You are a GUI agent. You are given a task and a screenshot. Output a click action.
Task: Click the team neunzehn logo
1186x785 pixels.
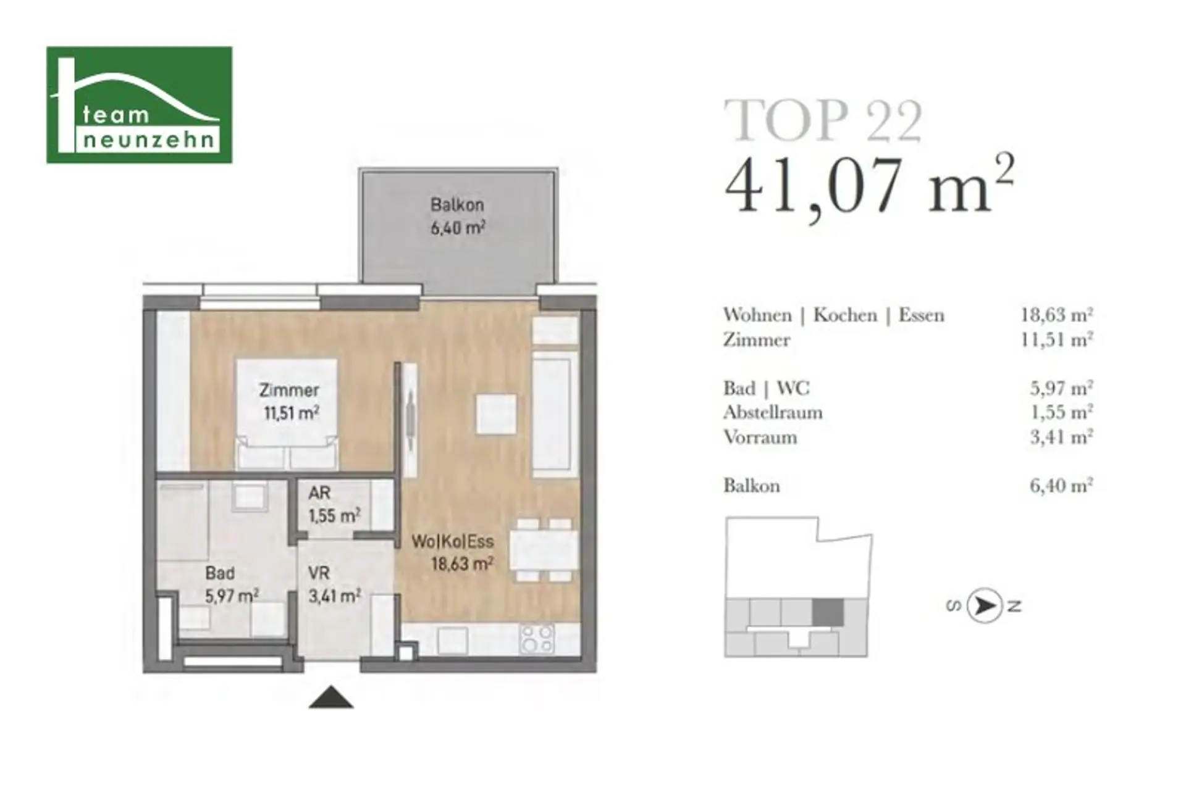point(140,105)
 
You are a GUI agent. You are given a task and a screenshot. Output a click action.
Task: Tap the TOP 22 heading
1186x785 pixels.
point(823,121)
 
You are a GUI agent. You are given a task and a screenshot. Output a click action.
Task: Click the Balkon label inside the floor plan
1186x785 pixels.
point(457,204)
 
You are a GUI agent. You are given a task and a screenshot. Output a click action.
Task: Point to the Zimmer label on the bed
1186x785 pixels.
point(289,390)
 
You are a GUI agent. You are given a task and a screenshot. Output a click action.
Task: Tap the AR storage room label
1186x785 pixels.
point(319,493)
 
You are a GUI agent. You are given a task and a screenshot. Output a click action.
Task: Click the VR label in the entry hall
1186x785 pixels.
point(319,573)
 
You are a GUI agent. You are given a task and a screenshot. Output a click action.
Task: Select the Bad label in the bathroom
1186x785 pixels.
point(220,573)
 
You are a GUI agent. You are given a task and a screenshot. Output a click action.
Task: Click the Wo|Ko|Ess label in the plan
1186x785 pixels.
point(453,541)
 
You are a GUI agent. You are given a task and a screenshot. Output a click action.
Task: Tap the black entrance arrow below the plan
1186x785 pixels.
point(331,697)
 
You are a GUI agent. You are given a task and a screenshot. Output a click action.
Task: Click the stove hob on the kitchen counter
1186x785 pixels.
point(537,639)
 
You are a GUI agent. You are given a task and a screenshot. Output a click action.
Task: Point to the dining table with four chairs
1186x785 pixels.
point(544,550)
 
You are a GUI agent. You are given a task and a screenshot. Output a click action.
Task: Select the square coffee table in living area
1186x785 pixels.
point(496,414)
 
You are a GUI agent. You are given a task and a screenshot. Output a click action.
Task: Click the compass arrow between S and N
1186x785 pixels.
point(984,605)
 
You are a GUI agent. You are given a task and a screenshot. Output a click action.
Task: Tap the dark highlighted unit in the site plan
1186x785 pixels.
point(828,612)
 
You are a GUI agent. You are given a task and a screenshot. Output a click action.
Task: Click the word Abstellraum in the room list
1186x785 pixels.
point(773,412)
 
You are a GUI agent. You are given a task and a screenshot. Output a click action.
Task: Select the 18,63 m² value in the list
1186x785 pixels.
point(1057,315)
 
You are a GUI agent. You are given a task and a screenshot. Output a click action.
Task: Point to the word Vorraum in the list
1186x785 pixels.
point(760,437)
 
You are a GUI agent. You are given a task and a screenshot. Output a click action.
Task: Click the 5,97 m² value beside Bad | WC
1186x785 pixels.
point(1061,388)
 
